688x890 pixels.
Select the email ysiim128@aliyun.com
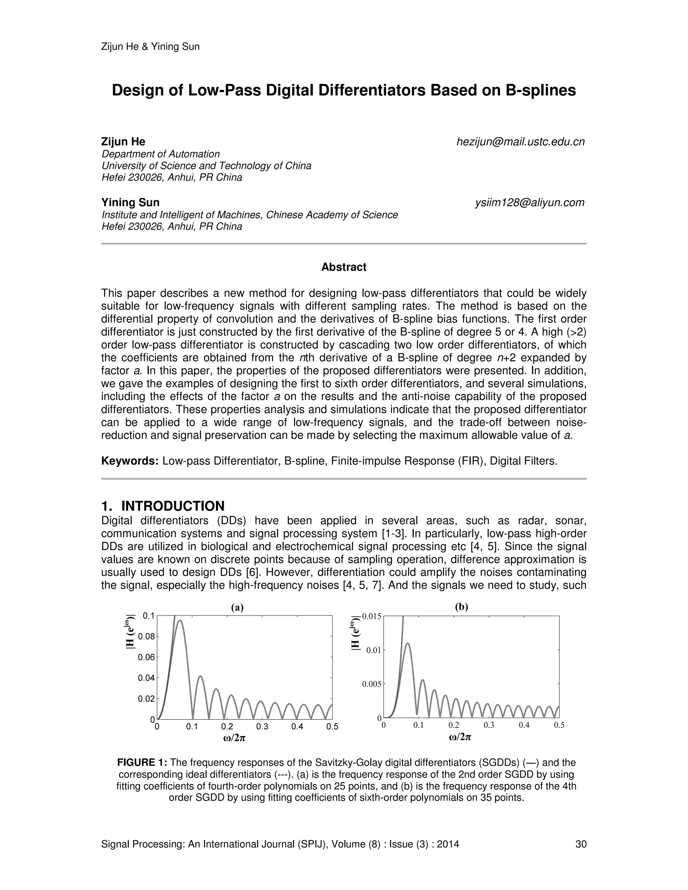coord(529,203)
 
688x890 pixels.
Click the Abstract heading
coord(344,267)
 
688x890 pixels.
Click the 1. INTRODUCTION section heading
coord(163,506)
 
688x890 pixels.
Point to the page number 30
coord(581,844)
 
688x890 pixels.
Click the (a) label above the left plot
coord(237,608)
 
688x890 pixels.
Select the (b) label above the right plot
coord(461,607)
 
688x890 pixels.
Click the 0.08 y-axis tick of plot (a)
coord(146,636)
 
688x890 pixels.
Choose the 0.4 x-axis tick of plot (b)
coord(524,725)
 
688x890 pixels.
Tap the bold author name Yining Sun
coord(130,203)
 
